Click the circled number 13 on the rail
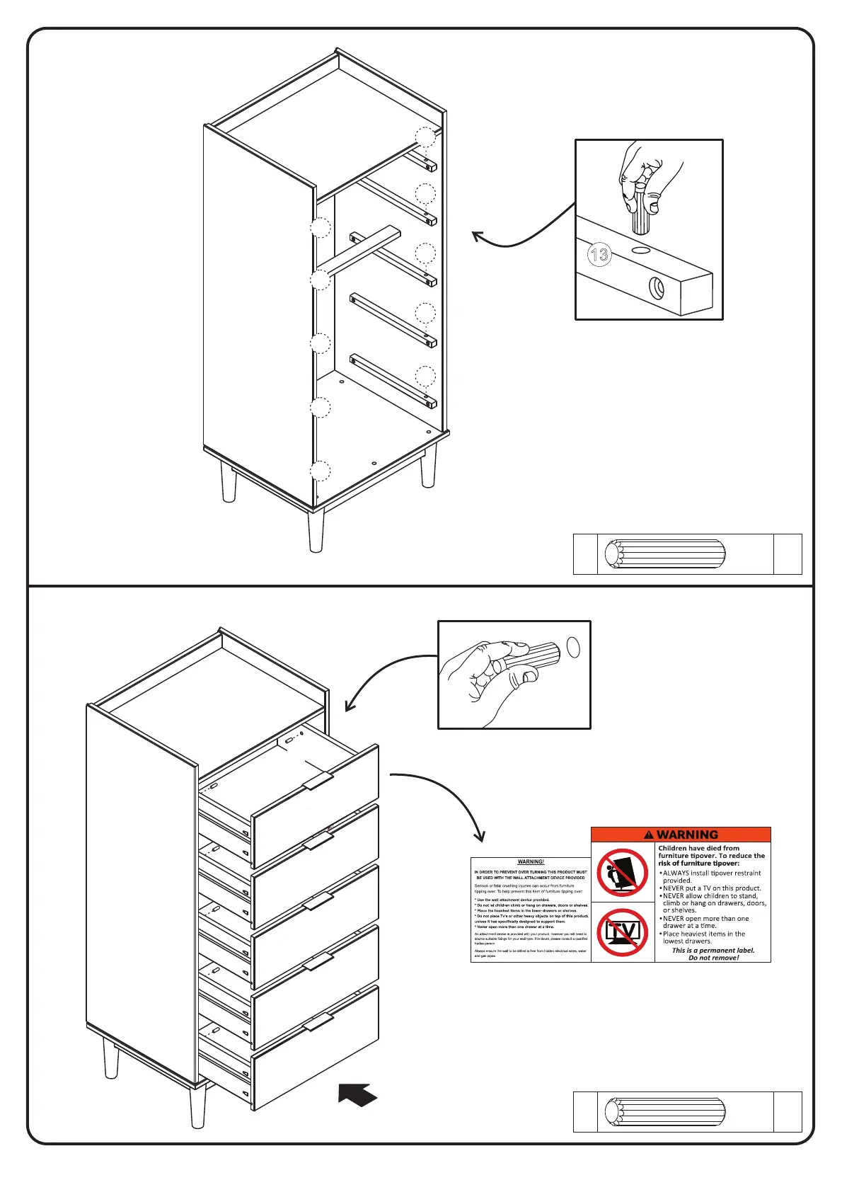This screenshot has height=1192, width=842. (599, 254)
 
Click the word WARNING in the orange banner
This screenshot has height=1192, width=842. (687, 835)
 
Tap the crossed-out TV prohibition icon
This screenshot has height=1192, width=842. (623, 932)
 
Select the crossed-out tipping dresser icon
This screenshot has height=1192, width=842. (623, 872)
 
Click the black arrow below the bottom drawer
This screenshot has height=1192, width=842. (357, 1094)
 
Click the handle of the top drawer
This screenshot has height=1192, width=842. (318, 780)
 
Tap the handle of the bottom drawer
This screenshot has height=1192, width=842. (318, 1021)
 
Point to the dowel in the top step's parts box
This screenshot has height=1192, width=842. (665, 554)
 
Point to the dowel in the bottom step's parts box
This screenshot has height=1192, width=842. (665, 1111)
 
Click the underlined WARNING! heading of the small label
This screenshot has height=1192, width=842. (531, 861)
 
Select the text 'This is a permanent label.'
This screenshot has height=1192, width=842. (713, 950)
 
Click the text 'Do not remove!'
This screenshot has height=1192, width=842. (713, 958)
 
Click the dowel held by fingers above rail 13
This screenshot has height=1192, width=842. (641, 212)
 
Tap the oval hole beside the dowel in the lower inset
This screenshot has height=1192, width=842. (574, 647)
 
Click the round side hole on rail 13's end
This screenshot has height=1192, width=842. (657, 288)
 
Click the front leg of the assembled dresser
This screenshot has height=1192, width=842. (198, 1106)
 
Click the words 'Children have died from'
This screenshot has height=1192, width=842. (698, 848)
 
